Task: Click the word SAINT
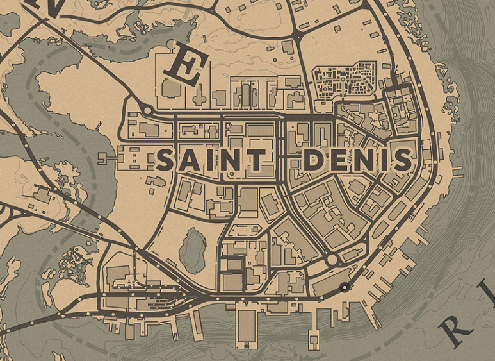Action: (210, 160)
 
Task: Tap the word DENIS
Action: (357, 160)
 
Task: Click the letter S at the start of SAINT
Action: (166, 160)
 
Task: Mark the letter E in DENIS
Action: (339, 160)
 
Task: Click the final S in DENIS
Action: (402, 160)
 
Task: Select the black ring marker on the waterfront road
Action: (345, 287)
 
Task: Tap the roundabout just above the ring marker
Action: (332, 260)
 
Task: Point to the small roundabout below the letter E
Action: (145, 110)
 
